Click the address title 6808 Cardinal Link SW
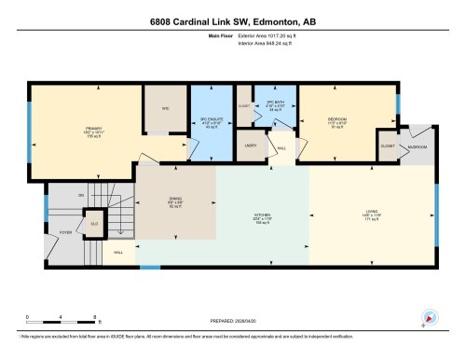click(x=232, y=23)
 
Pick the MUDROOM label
click(x=418, y=147)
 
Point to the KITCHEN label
click(x=263, y=217)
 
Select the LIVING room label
click(x=372, y=217)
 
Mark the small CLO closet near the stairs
click(x=94, y=224)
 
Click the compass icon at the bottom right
click(x=428, y=317)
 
